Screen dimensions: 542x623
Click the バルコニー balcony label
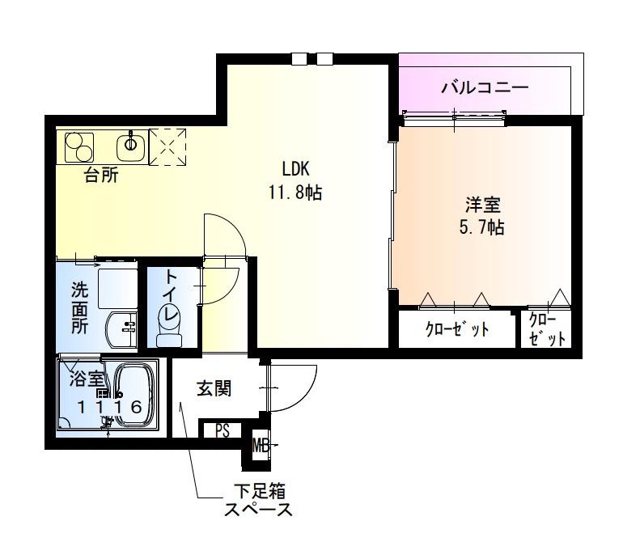click(485, 86)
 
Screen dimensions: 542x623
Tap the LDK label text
click(296, 170)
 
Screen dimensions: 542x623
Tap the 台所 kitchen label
click(101, 176)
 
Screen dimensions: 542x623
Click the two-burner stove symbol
click(79, 147)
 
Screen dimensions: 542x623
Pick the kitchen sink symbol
click(131, 146)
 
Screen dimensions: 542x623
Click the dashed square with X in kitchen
click(168, 146)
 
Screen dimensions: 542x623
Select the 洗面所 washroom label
click(78, 308)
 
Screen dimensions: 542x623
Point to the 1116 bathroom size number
click(111, 407)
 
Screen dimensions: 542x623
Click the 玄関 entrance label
click(214, 389)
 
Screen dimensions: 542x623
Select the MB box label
click(261, 444)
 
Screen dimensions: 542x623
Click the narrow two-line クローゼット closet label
click(546, 329)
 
